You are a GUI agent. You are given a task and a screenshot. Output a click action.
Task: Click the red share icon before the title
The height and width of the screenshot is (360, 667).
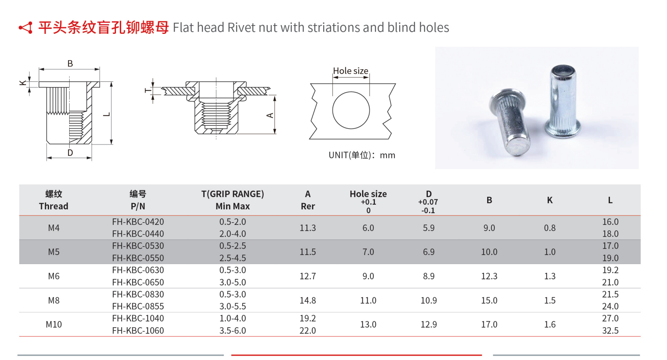[x=26, y=28]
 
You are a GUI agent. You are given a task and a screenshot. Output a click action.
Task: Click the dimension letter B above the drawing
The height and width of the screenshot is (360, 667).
[x=70, y=64]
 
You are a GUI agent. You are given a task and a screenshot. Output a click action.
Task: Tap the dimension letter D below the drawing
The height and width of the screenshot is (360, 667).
[x=70, y=153]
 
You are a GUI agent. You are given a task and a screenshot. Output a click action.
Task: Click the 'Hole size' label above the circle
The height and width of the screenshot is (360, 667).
[x=351, y=71]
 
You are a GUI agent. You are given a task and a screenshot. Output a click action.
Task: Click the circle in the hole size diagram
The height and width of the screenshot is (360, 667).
[x=351, y=110]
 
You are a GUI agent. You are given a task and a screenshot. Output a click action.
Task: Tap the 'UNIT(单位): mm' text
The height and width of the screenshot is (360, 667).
[x=362, y=155]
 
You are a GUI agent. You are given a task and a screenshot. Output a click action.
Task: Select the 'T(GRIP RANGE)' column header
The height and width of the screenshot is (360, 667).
[x=232, y=194]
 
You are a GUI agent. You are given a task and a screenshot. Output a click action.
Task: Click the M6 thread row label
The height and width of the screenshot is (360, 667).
[x=54, y=276]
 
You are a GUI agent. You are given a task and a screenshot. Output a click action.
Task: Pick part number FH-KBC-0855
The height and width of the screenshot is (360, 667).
[x=138, y=306]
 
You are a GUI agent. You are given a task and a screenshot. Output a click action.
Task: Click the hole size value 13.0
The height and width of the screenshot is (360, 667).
[x=368, y=325]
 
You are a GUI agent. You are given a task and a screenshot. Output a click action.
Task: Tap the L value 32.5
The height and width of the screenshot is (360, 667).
[x=610, y=331]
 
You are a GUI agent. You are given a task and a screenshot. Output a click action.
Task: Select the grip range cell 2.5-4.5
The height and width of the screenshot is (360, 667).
[x=232, y=258]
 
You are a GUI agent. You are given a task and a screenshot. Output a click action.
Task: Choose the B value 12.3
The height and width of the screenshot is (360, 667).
[x=489, y=276]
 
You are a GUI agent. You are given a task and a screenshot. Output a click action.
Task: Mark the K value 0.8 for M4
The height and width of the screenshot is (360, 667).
[x=549, y=228]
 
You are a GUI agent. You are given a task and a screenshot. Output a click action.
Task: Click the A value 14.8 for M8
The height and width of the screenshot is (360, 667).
[x=308, y=301]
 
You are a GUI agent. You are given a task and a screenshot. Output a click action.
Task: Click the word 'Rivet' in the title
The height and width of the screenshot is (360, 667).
[x=241, y=28]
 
